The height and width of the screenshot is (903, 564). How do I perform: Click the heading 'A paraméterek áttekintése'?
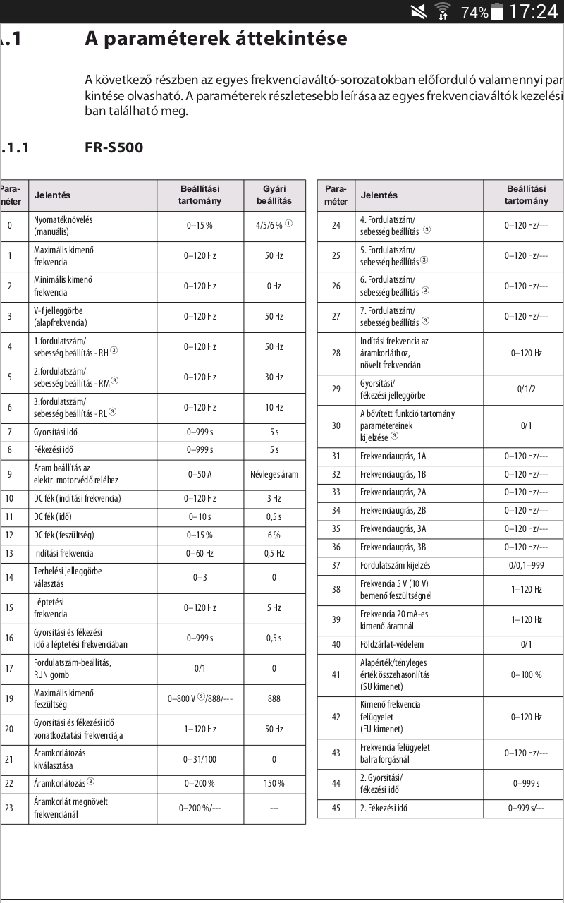pyautogui.click(x=216, y=38)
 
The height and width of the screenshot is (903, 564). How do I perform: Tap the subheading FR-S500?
pyautogui.click(x=114, y=147)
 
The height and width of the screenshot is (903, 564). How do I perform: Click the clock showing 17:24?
pyautogui.click(x=533, y=11)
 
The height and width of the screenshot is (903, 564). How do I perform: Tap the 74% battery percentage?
pyautogui.click(x=474, y=12)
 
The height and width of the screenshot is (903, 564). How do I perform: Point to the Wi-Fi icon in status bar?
pyautogui.click(x=443, y=11)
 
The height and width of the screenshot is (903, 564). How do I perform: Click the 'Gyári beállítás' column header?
pyautogui.click(x=274, y=195)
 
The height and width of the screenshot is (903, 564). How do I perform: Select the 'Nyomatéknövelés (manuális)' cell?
pyautogui.click(x=63, y=225)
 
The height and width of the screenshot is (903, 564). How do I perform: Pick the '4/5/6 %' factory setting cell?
pyautogui.click(x=274, y=225)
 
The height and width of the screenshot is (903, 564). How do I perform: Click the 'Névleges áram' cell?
pyautogui.click(x=274, y=474)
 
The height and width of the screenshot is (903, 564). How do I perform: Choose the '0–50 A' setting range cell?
pyautogui.click(x=200, y=474)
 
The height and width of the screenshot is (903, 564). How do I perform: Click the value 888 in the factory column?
pyautogui.click(x=274, y=698)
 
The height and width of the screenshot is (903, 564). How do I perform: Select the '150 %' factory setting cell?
pyautogui.click(x=274, y=783)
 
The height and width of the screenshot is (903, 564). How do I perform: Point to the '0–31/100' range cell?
pyautogui.click(x=200, y=759)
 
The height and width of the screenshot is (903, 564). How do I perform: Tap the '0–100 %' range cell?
pyautogui.click(x=526, y=674)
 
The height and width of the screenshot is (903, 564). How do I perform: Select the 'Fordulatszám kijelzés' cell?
pyautogui.click(x=395, y=565)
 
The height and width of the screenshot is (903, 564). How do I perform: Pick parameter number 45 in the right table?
pyautogui.click(x=336, y=808)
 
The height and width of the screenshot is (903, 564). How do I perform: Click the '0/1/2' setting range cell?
pyautogui.click(x=526, y=389)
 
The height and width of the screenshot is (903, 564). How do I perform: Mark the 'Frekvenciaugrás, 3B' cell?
pyautogui.click(x=393, y=547)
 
